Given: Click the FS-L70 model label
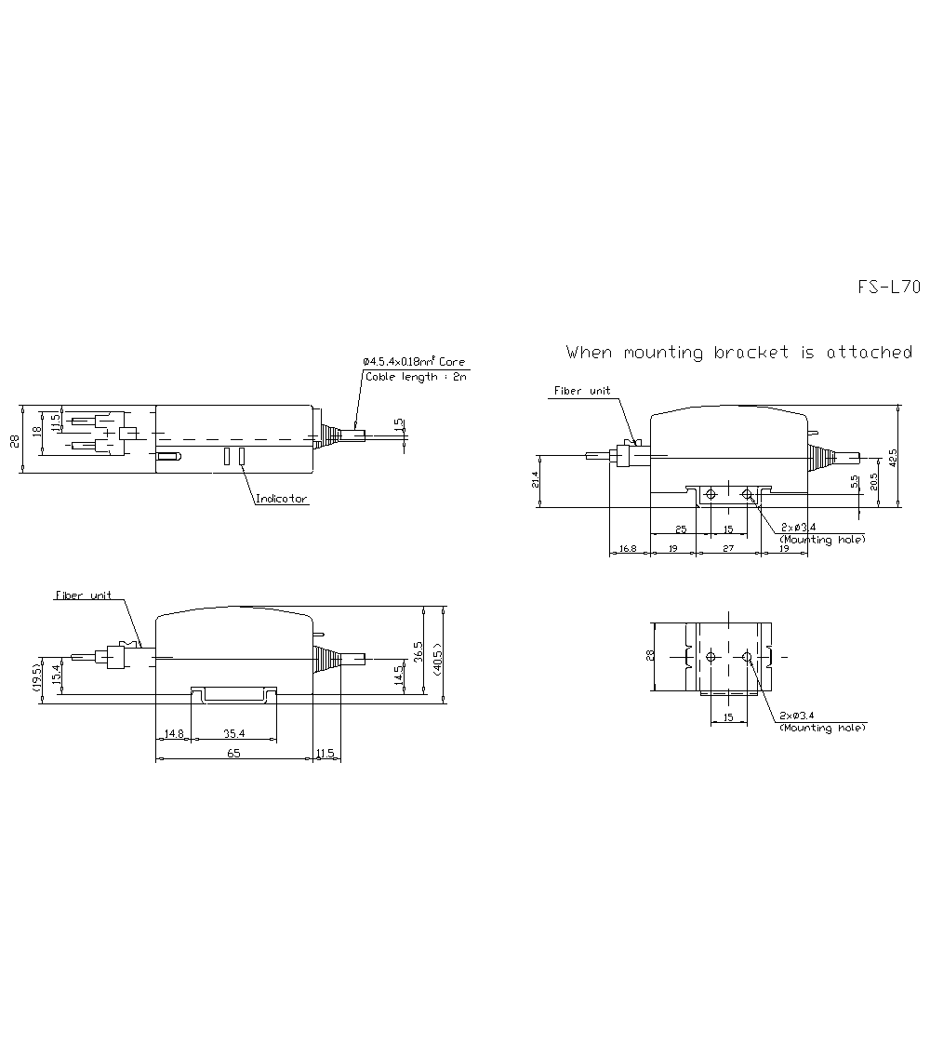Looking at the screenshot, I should tap(888, 288).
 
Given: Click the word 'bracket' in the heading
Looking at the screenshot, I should tap(750, 353).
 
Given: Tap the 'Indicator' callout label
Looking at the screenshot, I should tap(282, 500).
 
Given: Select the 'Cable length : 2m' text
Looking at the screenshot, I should tap(416, 377).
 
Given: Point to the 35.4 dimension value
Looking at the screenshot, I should tap(232, 734).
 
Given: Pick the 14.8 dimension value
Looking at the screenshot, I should tap(173, 734).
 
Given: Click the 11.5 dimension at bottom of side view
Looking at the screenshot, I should tap(325, 753).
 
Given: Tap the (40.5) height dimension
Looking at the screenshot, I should tap(438, 653).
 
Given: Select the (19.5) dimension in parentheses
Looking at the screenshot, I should tap(36, 677).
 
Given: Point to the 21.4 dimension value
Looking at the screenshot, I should tap(536, 480).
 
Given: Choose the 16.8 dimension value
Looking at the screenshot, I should tap(628, 549).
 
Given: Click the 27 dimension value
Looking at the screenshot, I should tap(728, 549).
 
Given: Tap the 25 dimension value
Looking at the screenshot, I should tap(681, 529).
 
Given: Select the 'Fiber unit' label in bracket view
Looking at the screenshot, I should tap(582, 391).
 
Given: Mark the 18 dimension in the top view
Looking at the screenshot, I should tap(36, 431).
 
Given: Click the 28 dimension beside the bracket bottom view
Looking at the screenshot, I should tap(650, 655).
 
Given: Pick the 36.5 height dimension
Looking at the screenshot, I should tap(418, 651).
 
